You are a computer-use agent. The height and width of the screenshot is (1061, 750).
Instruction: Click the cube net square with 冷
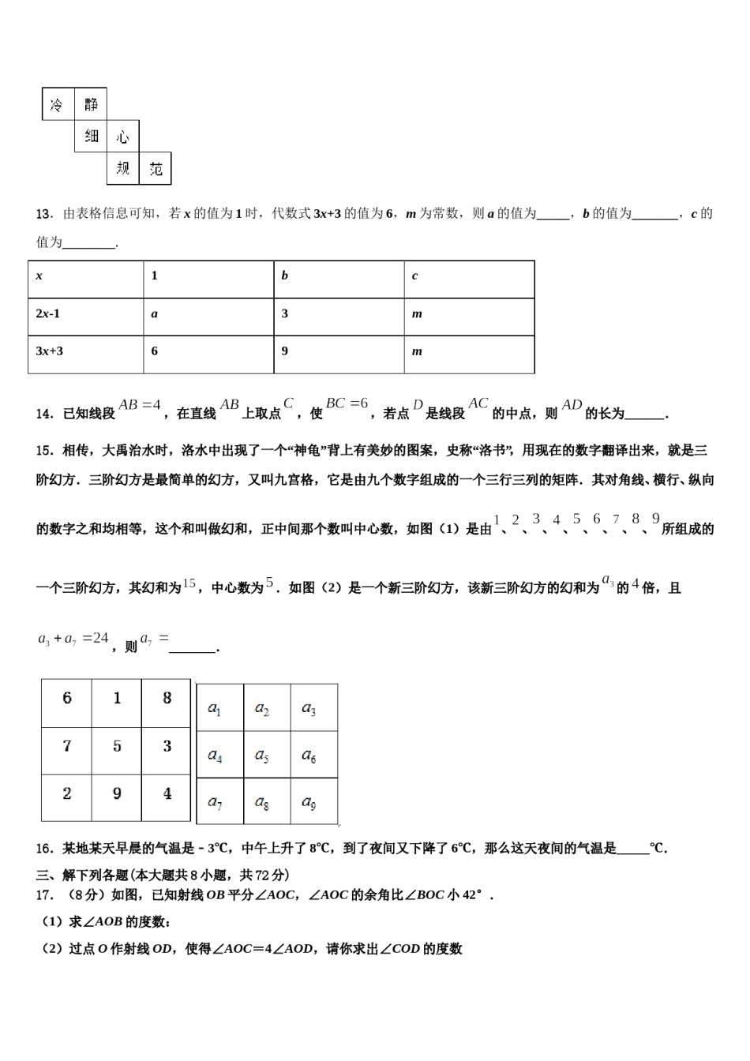(58, 104)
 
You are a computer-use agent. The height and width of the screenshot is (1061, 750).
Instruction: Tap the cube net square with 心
(123, 137)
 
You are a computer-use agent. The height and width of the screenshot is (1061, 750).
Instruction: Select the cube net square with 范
(156, 169)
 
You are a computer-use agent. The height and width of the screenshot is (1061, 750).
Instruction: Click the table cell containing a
(208, 314)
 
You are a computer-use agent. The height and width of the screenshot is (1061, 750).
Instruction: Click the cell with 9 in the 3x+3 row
(339, 351)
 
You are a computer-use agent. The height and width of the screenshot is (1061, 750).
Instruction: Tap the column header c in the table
(469, 276)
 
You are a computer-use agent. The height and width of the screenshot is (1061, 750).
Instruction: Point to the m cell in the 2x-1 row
(469, 314)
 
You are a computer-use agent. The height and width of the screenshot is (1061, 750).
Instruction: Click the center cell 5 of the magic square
(117, 746)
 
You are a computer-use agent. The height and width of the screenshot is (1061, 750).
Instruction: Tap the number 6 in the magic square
(67, 698)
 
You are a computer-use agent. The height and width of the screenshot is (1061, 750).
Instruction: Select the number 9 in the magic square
(117, 793)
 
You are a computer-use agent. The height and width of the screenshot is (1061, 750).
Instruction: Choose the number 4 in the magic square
(167, 793)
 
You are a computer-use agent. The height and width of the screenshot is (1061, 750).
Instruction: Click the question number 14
(44, 414)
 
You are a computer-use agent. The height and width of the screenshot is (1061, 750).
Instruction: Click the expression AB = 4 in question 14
(140, 405)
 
